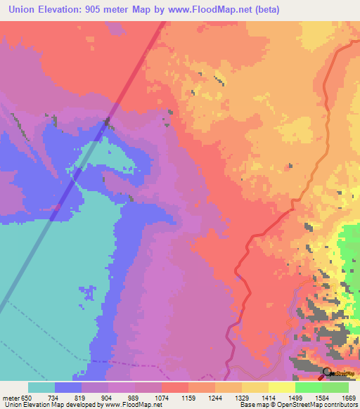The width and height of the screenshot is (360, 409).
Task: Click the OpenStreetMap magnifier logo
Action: pos(327,372)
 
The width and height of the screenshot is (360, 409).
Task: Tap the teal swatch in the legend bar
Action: pos(41,387)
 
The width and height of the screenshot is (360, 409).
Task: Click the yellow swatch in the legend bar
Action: pos(282,387)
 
